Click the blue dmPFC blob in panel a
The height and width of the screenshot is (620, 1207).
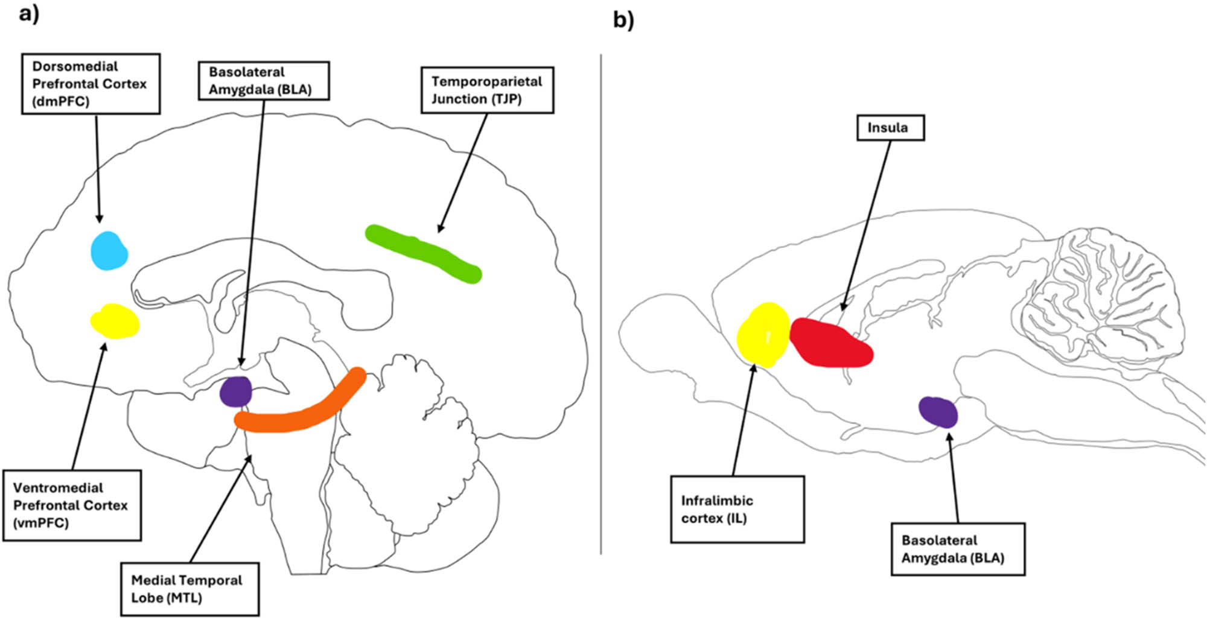tap(109, 251)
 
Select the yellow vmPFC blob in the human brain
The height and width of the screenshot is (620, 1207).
tap(115, 321)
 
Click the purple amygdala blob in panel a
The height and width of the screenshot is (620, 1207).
tap(235, 392)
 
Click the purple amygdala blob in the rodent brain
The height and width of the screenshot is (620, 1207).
tap(938, 412)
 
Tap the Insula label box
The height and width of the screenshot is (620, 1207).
tap(890, 128)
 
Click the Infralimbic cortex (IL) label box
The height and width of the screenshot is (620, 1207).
tap(737, 510)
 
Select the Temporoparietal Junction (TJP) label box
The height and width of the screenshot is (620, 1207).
tap(487, 90)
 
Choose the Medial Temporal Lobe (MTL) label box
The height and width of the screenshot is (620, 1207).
tap(190, 589)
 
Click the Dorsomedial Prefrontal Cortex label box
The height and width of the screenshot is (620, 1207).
tap(91, 84)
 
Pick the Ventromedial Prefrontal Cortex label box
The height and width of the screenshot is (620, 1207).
tap(72, 505)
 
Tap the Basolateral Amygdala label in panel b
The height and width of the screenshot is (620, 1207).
tap(958, 549)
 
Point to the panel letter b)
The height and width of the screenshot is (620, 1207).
tap(623, 21)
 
